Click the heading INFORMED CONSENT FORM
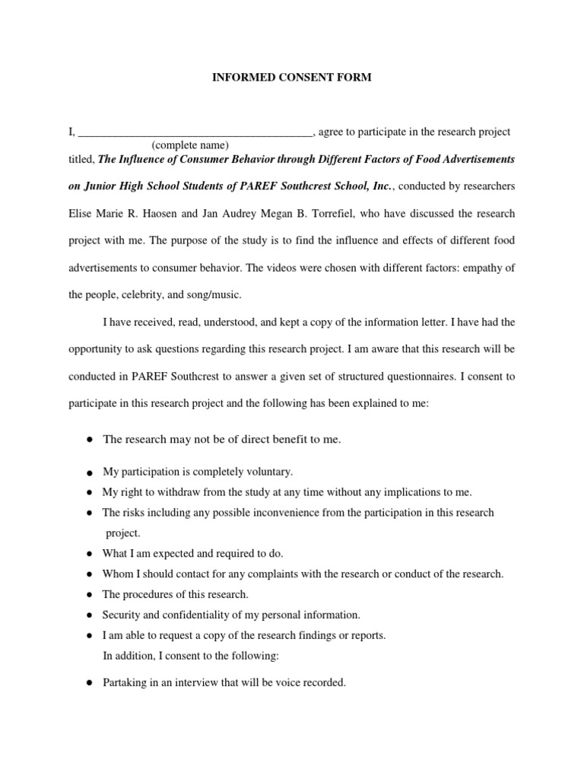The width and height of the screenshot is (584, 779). click(x=292, y=78)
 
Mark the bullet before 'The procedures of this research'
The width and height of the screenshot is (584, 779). click(x=90, y=594)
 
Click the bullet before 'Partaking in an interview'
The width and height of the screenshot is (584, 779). click(x=90, y=683)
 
